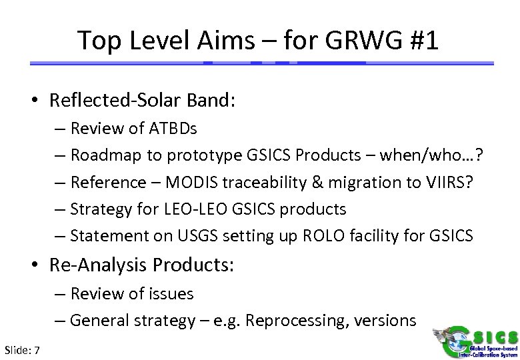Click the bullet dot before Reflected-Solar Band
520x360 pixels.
tap(41, 101)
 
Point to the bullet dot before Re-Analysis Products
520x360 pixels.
tap(41, 265)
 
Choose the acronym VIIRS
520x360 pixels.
tap(448, 181)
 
